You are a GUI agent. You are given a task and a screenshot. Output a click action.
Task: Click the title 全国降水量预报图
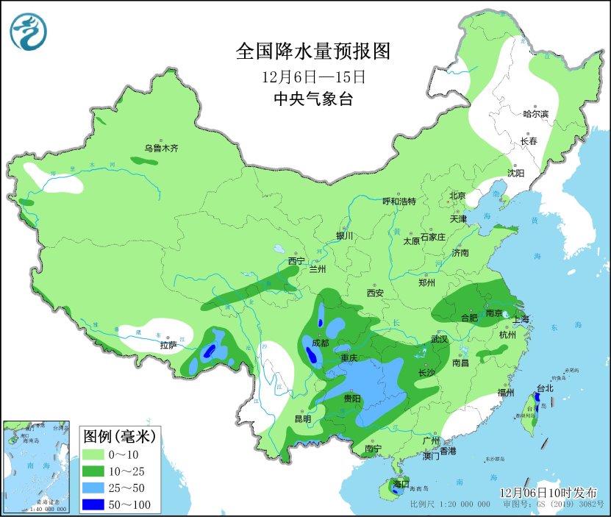click(312, 51)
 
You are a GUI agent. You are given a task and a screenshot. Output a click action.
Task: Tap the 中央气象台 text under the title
click(312, 99)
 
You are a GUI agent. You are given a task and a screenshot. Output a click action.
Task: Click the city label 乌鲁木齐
click(161, 148)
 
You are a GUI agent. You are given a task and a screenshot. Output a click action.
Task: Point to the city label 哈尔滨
click(535, 114)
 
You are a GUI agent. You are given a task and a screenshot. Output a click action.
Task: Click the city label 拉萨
click(168, 345)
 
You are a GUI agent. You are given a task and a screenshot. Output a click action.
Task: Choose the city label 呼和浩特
click(399, 202)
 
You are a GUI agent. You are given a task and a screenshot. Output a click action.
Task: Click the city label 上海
click(521, 319)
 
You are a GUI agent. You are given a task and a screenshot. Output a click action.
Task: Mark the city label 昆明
click(302, 418)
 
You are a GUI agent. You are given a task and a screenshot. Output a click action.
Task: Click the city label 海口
click(400, 484)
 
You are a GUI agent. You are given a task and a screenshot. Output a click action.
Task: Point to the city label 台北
click(544, 388)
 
